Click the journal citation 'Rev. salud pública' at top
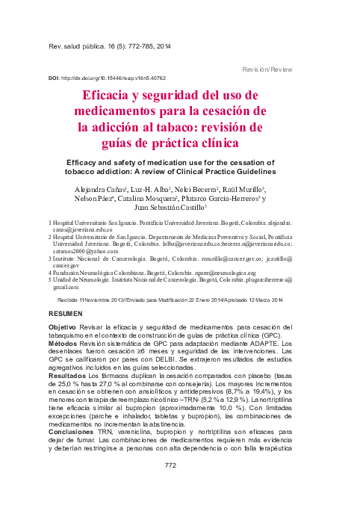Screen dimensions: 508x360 click(x=75, y=46)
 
